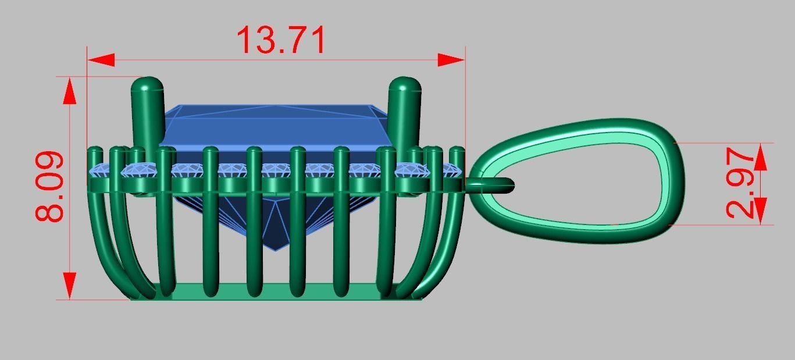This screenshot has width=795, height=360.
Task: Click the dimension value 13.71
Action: pyautogui.click(x=281, y=40)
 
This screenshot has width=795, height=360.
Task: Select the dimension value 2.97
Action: pyautogui.click(x=742, y=183)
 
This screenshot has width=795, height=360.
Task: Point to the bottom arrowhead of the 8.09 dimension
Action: pyautogui.click(x=70, y=285)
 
